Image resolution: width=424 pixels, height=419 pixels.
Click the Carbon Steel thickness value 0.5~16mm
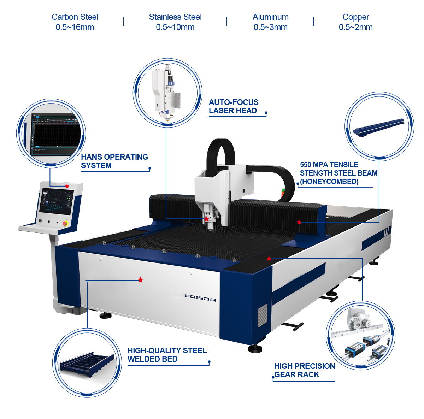(75, 27)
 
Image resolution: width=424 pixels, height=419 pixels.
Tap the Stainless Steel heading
(175, 17)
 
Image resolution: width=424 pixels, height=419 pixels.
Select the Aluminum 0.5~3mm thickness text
(270, 27)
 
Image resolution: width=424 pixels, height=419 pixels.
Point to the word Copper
(355, 17)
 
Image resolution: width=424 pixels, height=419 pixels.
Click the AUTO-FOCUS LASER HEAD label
(233, 106)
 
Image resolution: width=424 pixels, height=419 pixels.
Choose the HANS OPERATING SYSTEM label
(114, 161)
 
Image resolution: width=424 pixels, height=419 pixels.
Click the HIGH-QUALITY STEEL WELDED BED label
(167, 355)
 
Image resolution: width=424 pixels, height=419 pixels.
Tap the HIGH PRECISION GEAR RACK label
(304, 370)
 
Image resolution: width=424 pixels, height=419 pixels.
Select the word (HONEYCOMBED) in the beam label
(329, 182)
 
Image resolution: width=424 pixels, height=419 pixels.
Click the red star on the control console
(67, 186)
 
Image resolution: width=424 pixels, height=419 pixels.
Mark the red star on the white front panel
(141, 280)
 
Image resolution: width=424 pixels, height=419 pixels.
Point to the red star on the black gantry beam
(299, 222)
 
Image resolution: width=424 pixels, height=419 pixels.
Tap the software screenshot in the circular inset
(53, 134)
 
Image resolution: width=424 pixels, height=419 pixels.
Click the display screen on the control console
(57, 202)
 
